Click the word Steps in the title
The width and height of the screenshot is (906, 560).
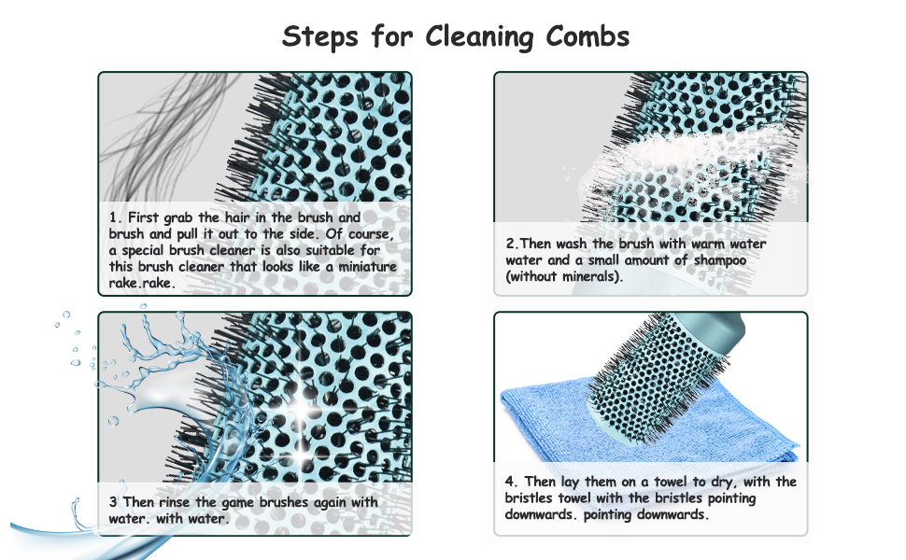tap(320, 37)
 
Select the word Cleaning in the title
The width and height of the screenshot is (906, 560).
tap(479, 37)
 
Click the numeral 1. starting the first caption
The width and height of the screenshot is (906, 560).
tap(115, 217)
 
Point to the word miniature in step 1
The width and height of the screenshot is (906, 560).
tap(367, 267)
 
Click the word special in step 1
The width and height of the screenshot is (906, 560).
tap(143, 251)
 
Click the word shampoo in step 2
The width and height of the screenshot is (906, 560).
tap(719, 261)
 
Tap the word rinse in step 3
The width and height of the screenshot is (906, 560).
tap(175, 502)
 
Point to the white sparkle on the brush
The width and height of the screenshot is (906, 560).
tap(301, 409)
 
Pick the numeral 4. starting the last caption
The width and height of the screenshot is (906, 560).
tap(511, 482)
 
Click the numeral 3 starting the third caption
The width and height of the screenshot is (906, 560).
tap(113, 502)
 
